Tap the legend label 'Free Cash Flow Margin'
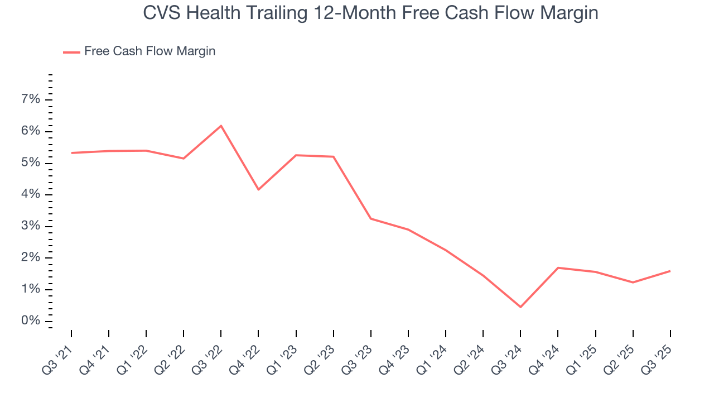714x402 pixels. pyautogui.click(x=149, y=51)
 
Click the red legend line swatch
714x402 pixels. pyautogui.click(x=71, y=52)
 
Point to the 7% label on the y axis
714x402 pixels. pyautogui.click(x=31, y=99)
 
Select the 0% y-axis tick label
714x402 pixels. pyautogui.click(x=31, y=321)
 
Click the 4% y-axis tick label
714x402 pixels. pyautogui.click(x=31, y=194)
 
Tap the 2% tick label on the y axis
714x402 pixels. pyautogui.click(x=31, y=258)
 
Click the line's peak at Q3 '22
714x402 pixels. pyautogui.click(x=221, y=126)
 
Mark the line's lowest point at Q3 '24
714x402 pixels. pyautogui.click(x=520, y=307)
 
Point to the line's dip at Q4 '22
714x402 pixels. pyautogui.click(x=258, y=190)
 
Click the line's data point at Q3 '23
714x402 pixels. pyautogui.click(x=371, y=218)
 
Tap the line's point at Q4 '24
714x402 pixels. pyautogui.click(x=558, y=267)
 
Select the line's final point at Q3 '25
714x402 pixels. pyautogui.click(x=670, y=271)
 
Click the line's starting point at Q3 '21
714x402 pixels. pyautogui.click(x=71, y=153)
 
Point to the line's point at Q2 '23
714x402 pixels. pyautogui.click(x=334, y=157)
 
